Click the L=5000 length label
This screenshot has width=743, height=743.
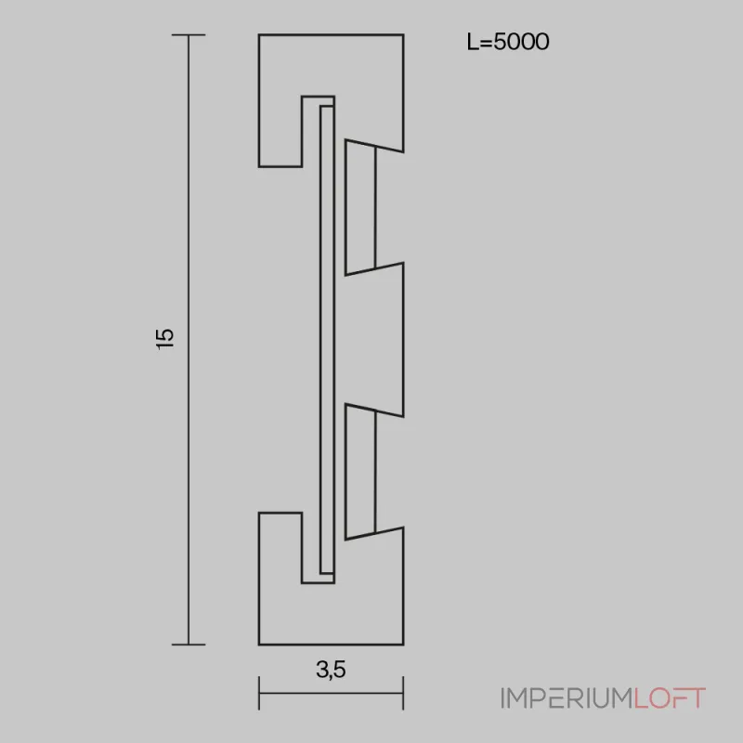click(507, 42)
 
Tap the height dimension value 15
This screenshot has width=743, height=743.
click(166, 339)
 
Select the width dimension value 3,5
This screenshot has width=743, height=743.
click(330, 669)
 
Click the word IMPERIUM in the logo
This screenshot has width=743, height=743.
click(566, 698)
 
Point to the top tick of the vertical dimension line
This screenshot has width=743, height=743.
click(189, 35)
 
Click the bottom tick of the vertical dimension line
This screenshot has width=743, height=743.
click(189, 644)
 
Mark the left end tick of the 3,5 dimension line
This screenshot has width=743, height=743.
click(259, 693)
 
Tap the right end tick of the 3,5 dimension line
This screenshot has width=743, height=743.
click(403, 693)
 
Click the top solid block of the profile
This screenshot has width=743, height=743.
click(353, 65)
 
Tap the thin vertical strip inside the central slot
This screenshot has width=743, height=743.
click(326, 339)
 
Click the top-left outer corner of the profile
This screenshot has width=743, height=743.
click(259, 35)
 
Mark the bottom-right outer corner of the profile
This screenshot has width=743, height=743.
click(403, 644)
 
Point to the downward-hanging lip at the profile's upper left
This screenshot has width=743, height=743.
click(280, 130)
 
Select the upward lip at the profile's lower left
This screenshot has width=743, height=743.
click(280, 548)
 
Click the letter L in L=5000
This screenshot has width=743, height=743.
click(472, 42)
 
